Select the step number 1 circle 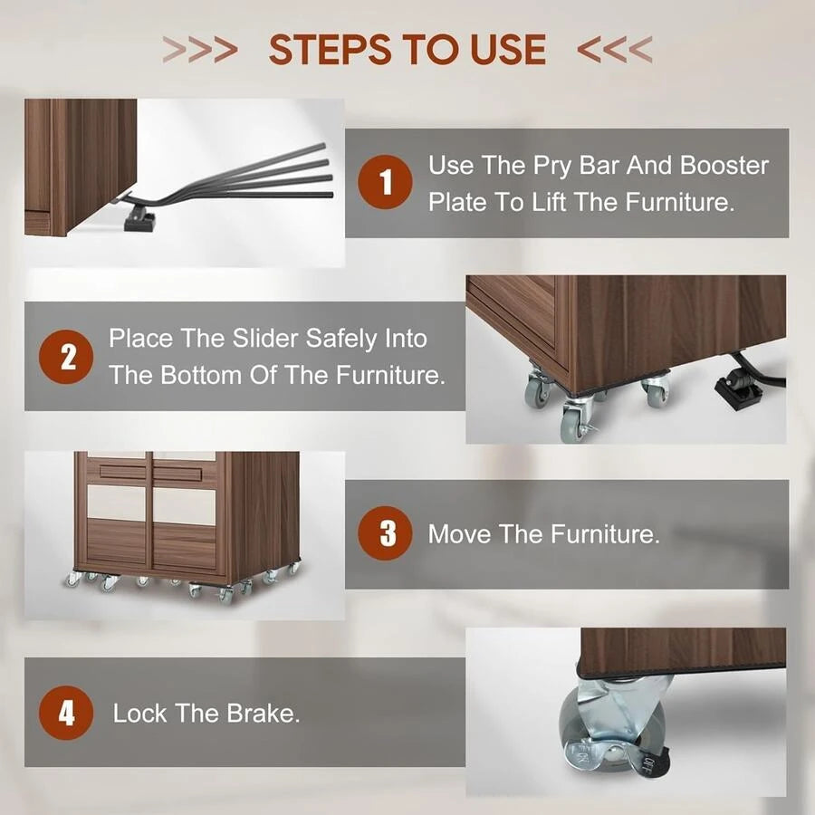click(385, 182)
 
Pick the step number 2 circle click(66, 357)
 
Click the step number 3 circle click(385, 533)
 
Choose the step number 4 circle click(66, 713)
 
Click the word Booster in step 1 click(724, 166)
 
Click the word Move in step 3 click(459, 533)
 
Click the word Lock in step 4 click(139, 714)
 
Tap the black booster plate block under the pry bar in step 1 click(139, 220)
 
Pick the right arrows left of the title click(200, 50)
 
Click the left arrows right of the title click(614, 50)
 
